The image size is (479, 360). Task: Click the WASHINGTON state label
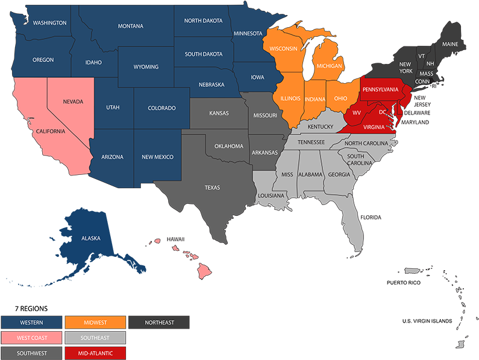49,23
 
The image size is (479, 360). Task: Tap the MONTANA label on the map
130,26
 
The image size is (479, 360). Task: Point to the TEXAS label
212,188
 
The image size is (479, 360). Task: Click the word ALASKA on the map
91,238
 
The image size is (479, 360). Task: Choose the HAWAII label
175,239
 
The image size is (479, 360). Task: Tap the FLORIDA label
371,216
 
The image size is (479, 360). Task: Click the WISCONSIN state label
284,48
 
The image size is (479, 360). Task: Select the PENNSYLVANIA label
380,90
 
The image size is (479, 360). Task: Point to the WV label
357,113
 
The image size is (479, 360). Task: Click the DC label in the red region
382,112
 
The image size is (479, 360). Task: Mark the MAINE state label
449,44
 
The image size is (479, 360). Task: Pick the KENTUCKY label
320,127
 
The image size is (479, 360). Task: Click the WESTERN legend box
31,323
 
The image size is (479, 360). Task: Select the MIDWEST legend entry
95,323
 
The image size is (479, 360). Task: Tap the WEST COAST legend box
31,338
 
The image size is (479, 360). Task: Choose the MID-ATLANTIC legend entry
95,353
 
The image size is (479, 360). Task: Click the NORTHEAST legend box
159,323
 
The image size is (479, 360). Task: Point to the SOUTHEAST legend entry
95,338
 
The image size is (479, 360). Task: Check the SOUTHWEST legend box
31,353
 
